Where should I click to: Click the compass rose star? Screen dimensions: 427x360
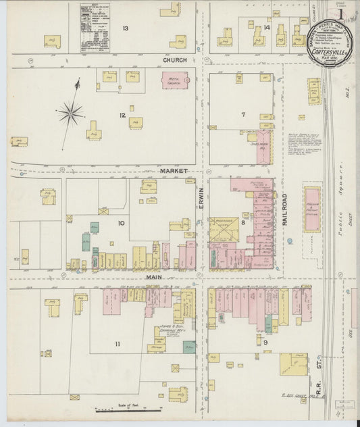tap(71, 113)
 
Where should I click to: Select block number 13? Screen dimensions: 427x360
tap(125, 28)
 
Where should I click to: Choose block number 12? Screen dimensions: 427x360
tap(122, 115)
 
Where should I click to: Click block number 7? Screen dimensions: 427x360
tap(242, 114)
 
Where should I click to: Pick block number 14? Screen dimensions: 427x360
tap(267, 28)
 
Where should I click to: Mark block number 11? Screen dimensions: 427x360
tap(118, 344)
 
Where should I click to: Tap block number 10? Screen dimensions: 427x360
tap(122, 222)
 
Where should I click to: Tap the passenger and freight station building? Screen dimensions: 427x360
tap(312, 209)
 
